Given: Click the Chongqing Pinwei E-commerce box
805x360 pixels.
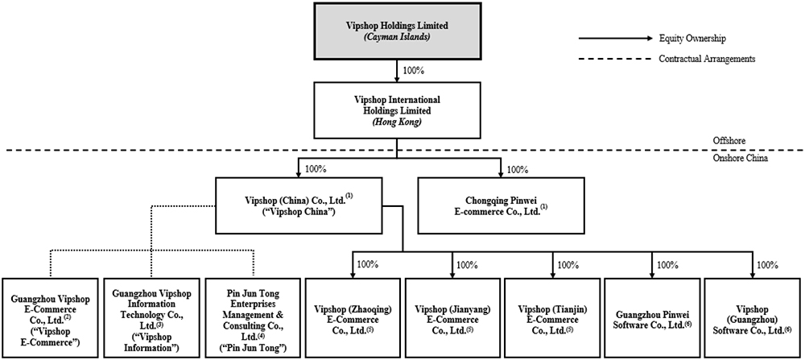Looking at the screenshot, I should [x=501, y=205].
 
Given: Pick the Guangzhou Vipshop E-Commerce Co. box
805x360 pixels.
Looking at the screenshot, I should [x=50, y=318].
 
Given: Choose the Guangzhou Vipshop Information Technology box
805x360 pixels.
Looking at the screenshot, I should [x=151, y=318].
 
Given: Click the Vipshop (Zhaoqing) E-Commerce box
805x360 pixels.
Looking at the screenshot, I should [x=352, y=318].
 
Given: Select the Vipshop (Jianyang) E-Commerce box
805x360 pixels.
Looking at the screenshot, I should [x=452, y=318].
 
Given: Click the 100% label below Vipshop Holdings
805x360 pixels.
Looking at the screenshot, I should [x=413, y=70].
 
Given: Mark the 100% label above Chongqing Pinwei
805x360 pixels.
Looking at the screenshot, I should [x=519, y=170].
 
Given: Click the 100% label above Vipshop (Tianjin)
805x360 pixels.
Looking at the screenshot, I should [x=568, y=264].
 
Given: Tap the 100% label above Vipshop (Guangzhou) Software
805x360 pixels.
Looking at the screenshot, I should [x=768, y=264].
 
